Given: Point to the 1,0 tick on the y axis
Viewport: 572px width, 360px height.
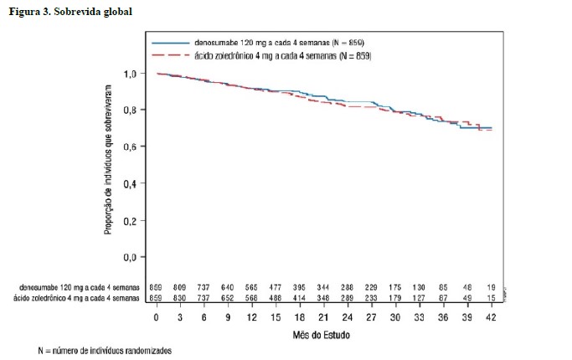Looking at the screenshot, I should (x=129, y=74).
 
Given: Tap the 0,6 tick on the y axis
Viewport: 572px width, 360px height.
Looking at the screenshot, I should (x=129, y=147).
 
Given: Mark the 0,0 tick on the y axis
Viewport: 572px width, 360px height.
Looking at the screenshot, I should (x=129, y=257).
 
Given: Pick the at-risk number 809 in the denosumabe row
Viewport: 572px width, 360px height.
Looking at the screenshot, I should (x=181, y=287).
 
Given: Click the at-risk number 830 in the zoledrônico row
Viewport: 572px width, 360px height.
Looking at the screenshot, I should (x=181, y=298).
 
